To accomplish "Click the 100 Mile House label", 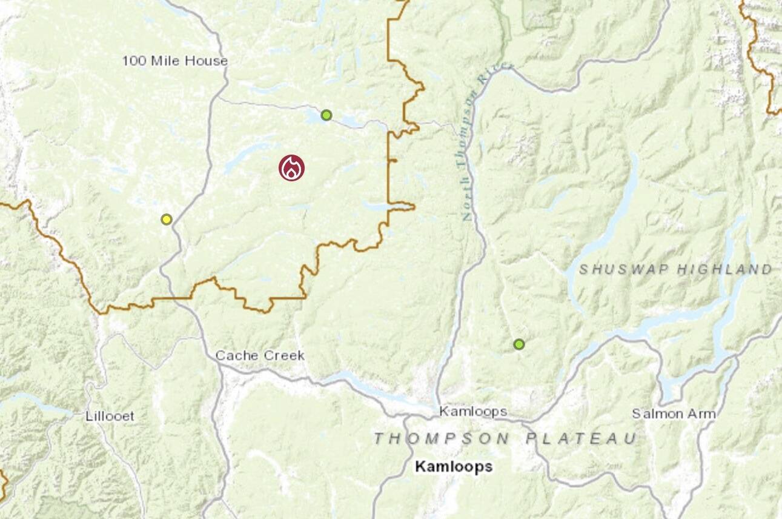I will pos(174,61).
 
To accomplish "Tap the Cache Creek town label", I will pos(260,355).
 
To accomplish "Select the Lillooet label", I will pos(110,416).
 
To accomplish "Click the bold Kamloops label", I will pos(453,467).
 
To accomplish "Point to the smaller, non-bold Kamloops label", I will pos(473,412).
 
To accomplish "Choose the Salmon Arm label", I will pos(674,414).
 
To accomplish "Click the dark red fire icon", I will pos(291,168).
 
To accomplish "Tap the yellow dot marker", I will pos(167,219).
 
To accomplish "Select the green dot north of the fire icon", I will pos(326,115).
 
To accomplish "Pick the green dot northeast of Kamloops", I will pos(519,344).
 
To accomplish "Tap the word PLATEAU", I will pos(581,438).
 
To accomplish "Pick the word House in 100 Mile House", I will pos(208,61).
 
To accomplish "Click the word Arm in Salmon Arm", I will pos(703,414).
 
